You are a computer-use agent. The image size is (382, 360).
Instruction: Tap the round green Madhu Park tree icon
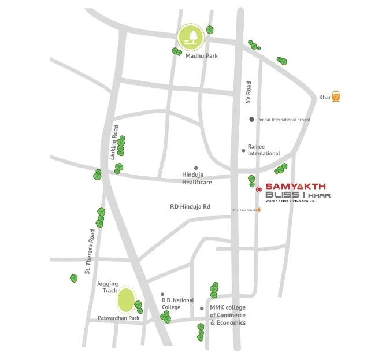tap(191, 37)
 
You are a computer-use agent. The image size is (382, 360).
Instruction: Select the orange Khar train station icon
tap(336, 97)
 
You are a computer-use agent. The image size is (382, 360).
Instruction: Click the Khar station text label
tap(325, 98)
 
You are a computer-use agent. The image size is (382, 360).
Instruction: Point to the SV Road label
tap(249, 92)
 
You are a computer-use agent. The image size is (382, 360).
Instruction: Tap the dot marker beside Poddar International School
tap(251, 120)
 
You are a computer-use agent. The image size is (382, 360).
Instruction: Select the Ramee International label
tap(264, 150)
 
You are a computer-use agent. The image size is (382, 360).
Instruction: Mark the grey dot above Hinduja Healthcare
tap(196, 168)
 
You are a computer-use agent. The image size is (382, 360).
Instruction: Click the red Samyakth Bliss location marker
tap(258, 188)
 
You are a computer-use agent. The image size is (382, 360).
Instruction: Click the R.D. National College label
tap(178, 304)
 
